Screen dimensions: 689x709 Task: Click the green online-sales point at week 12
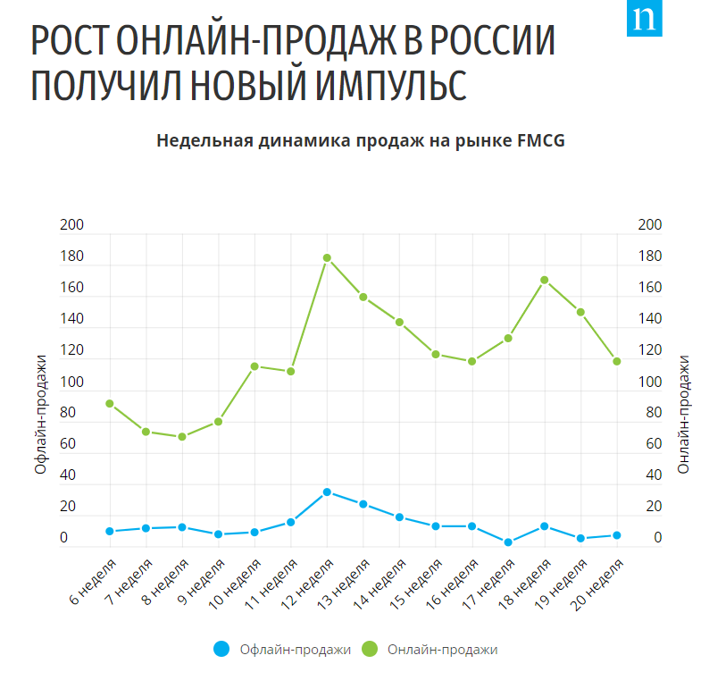327,258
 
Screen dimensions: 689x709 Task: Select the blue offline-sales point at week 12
327,492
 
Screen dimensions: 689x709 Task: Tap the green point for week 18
544,281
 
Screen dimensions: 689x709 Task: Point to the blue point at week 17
507,542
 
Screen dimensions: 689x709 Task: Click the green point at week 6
110,404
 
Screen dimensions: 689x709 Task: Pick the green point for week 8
182,437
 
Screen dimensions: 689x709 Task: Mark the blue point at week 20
616,535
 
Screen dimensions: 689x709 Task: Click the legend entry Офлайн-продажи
295,650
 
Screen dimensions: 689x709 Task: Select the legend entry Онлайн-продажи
443,650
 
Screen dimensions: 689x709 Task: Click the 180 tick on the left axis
71,257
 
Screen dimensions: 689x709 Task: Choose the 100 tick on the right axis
650,382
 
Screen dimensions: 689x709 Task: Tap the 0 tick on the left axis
63,538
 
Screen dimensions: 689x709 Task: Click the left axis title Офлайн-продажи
40,415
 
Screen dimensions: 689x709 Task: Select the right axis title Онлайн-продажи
684,415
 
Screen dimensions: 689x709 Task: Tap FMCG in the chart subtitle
541,140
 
